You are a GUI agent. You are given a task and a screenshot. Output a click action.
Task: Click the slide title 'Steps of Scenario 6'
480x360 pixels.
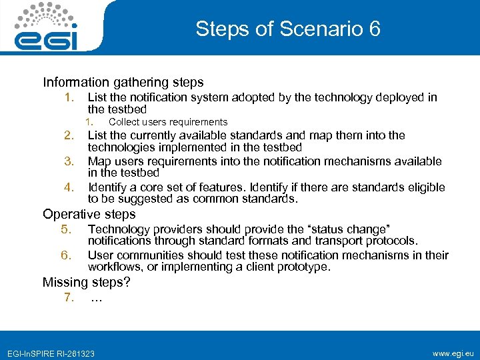coord(288,29)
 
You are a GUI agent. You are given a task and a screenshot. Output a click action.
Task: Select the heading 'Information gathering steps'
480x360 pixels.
coord(123,83)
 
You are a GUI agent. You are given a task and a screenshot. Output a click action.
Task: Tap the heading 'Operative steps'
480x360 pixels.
coord(89,214)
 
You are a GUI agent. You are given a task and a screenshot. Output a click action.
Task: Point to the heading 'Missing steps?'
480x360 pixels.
coord(86,282)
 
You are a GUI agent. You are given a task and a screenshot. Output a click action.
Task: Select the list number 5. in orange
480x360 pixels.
coord(65,229)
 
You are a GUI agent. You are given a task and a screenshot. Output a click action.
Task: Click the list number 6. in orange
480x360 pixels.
coord(65,255)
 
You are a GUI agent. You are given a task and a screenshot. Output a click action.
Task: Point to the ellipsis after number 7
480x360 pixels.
coord(96,298)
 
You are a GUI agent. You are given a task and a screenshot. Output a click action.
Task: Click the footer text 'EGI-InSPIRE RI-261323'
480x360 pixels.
coord(51,353)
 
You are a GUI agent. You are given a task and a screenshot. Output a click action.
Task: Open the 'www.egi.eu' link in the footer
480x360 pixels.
coord(453,351)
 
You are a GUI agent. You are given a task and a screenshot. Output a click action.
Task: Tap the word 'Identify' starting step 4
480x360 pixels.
coord(107,187)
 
